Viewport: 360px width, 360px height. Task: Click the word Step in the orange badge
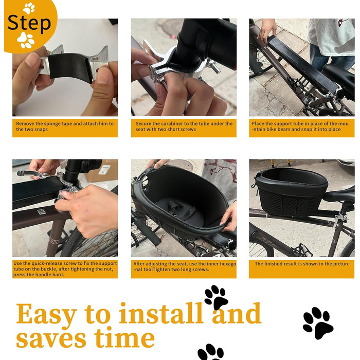[29, 23]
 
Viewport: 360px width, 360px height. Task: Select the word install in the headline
[161, 313]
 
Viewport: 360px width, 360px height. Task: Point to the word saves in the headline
[51, 339]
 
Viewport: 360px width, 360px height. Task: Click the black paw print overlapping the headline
[216, 297]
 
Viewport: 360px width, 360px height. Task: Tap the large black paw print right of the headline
[318, 323]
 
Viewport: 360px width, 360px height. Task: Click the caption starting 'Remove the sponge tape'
[65, 127]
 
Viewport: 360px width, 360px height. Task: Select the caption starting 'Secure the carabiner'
[184, 127]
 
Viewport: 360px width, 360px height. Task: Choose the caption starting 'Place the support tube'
[300, 127]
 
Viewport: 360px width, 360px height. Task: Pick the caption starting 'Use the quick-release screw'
[65, 269]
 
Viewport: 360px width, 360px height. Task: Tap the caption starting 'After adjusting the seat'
[185, 266]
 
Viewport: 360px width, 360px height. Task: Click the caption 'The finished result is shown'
[302, 264]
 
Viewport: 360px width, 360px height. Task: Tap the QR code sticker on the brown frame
[41, 212]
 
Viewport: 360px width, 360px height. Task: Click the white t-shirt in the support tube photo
[331, 37]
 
